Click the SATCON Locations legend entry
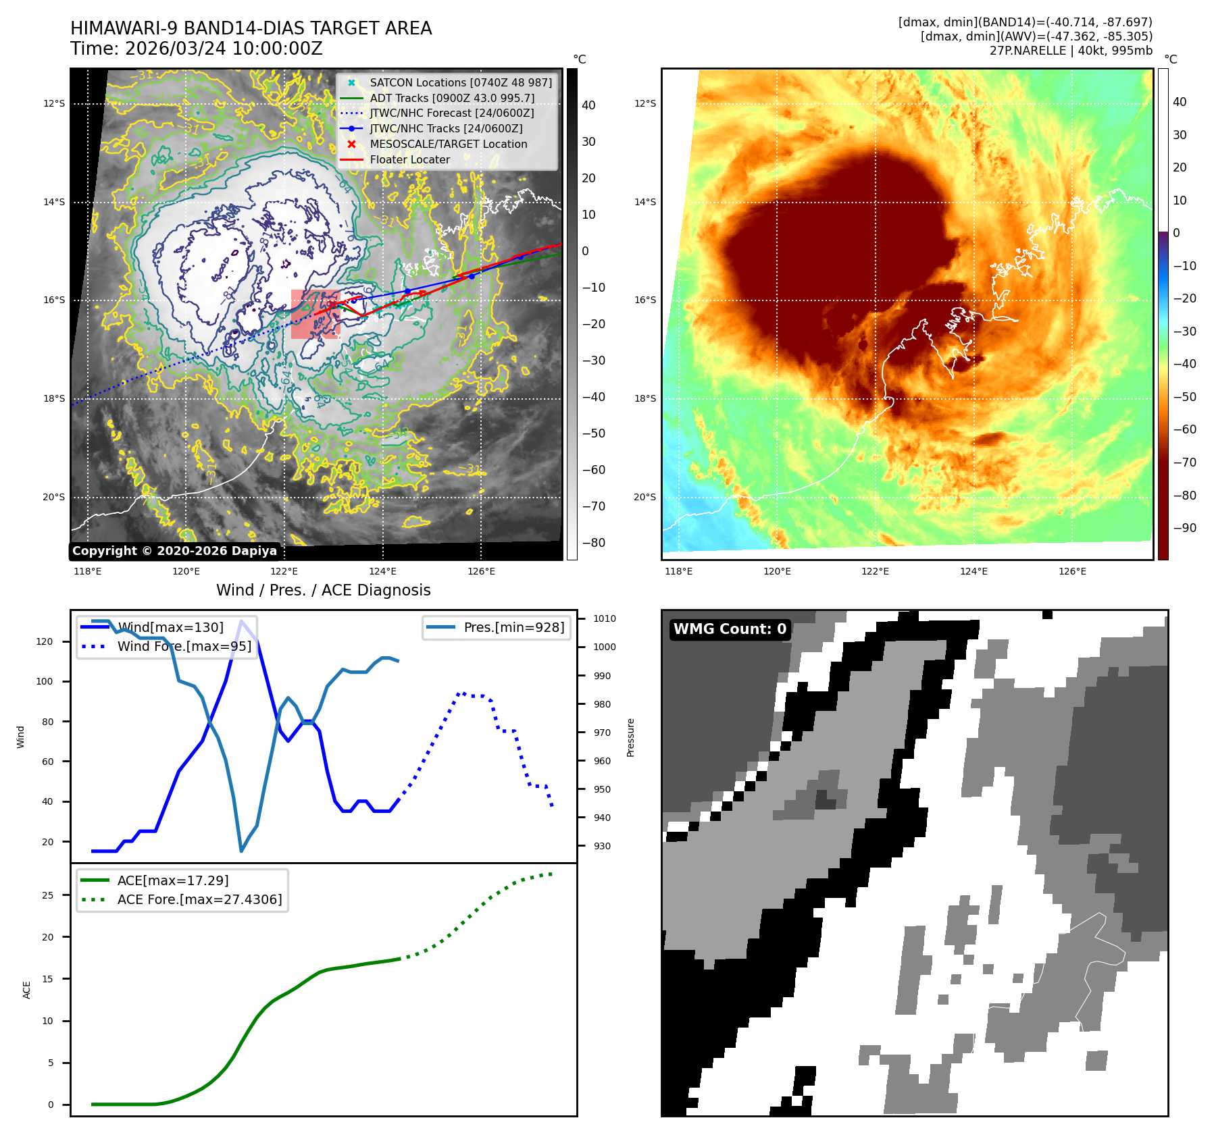(460, 82)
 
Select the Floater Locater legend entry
(409, 159)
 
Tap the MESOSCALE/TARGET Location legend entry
(448, 144)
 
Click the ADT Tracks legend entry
(451, 98)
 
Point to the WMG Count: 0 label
(730, 629)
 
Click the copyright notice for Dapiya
(174, 551)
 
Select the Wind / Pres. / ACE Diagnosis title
(323, 590)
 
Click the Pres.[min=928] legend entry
(513, 627)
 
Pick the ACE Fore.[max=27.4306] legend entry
(199, 899)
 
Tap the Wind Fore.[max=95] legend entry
(184, 646)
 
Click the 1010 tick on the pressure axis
(604, 618)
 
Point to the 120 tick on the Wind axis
(45, 641)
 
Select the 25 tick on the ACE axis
(47, 895)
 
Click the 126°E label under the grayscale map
(481, 571)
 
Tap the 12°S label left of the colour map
(645, 103)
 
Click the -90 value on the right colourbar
(1184, 528)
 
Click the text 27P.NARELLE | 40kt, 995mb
(1071, 51)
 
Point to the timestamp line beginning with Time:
(196, 49)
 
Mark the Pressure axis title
(631, 737)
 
